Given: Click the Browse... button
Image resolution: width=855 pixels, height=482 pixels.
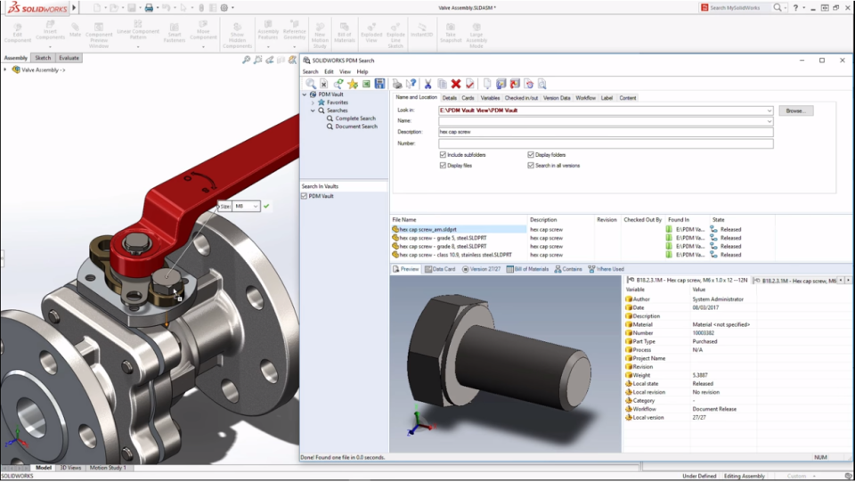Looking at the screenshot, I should point(795,110).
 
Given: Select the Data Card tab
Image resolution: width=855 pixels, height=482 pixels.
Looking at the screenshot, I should point(440,268).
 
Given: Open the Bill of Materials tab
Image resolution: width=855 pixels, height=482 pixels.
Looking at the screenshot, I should point(528,268).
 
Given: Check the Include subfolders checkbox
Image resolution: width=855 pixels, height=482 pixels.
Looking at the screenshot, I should point(443,155).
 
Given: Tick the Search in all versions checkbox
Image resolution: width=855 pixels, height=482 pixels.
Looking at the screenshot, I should point(531,166).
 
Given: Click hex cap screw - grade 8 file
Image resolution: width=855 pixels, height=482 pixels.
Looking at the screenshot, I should point(443,246).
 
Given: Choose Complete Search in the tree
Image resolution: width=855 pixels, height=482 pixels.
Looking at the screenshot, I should point(354,118).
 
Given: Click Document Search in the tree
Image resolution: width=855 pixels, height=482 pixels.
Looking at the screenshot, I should point(355,127).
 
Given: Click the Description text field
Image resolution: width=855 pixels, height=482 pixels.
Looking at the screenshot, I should point(606,132).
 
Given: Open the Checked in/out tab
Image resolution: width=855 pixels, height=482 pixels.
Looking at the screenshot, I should point(521,98).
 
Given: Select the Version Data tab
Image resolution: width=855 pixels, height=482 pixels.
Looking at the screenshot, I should point(557,98).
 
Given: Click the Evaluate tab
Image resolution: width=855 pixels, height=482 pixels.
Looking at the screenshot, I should point(69,58).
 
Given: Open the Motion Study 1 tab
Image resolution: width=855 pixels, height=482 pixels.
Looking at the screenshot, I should point(108,467).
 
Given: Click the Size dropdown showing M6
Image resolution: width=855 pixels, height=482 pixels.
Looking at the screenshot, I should point(247,206).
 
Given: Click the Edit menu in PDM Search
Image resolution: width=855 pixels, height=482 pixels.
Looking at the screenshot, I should point(329,71).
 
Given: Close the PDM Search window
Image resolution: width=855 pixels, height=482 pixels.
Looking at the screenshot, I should point(843,61).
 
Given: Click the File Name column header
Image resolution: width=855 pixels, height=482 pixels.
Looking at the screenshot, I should point(404,219).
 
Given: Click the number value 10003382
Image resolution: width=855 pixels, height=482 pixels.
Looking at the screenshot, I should point(706,333).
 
